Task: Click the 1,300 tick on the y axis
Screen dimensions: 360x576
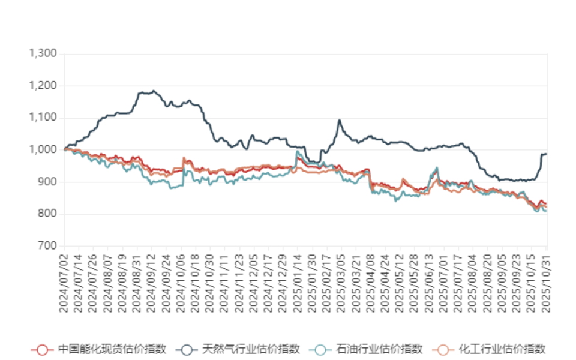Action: [x=43, y=54]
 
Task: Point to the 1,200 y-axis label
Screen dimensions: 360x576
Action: [x=43, y=86]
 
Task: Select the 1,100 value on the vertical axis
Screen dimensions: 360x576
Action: [x=43, y=118]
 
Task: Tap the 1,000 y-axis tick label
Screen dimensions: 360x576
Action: [x=43, y=150]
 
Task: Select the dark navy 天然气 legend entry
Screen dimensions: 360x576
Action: [x=187, y=349]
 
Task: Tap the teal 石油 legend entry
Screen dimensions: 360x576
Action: [x=320, y=349]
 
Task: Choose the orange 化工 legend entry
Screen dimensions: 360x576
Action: [x=443, y=349]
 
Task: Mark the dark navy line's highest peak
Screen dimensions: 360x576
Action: [x=154, y=91]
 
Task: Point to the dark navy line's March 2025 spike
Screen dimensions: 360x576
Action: [x=340, y=120]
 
